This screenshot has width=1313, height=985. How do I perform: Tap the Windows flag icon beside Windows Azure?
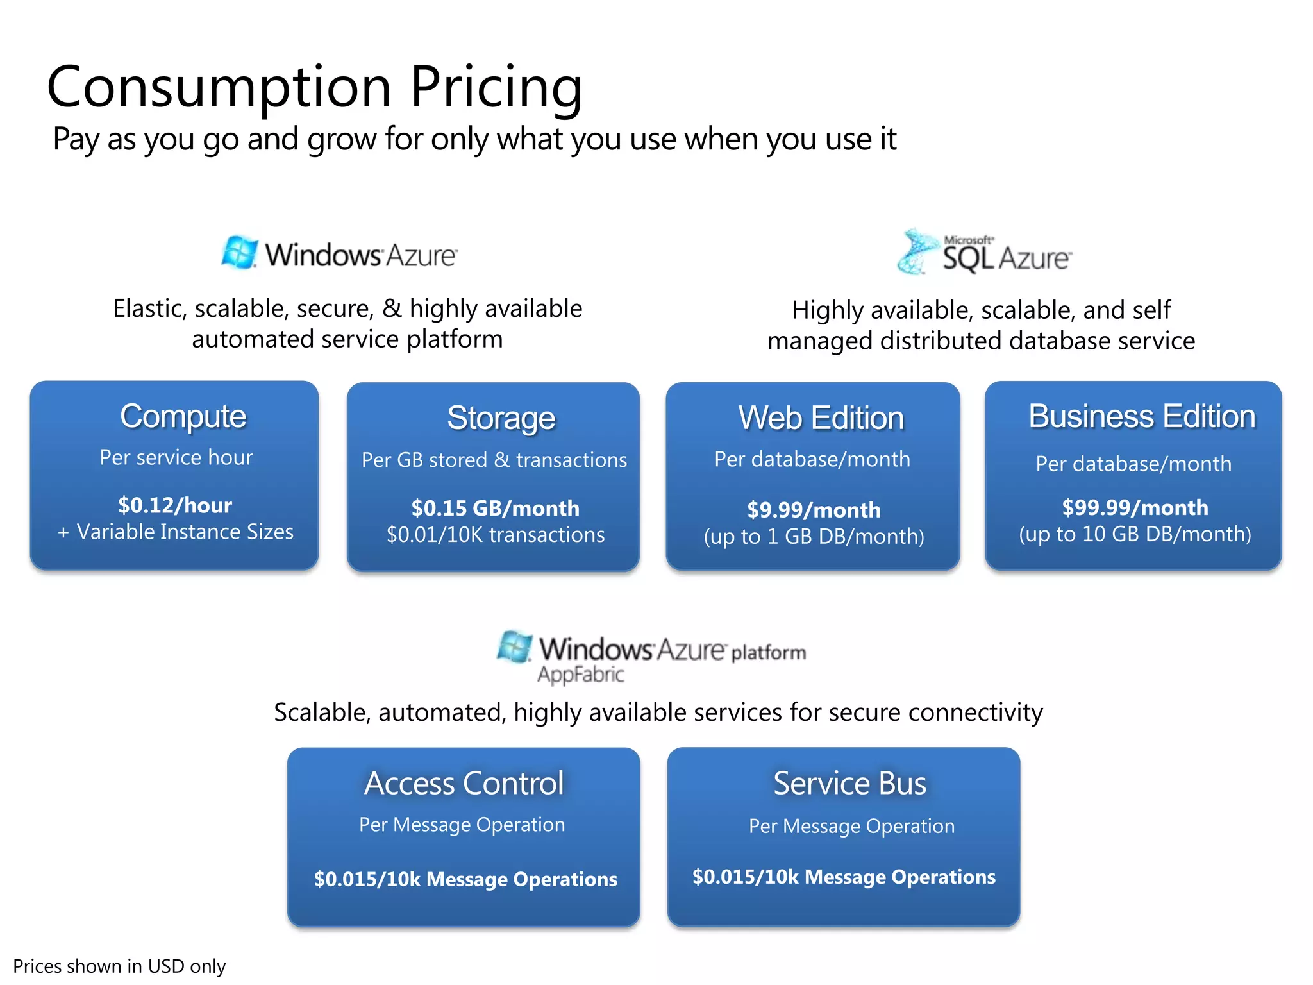point(239,252)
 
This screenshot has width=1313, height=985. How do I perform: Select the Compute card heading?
point(183,416)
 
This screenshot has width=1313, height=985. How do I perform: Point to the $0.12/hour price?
point(175,505)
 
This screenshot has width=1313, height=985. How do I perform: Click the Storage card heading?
point(501,418)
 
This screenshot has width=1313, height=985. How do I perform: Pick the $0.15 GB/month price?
point(495,508)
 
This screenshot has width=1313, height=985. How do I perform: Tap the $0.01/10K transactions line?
point(495,535)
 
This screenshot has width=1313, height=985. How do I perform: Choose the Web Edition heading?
point(821,418)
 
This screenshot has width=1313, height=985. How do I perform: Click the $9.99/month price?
point(814,510)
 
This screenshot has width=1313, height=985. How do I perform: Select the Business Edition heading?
point(1142,416)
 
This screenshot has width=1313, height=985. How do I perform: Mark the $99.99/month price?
point(1135,507)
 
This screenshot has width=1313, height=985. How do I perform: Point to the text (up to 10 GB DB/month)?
point(1135,534)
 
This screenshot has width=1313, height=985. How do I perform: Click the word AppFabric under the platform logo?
point(580,675)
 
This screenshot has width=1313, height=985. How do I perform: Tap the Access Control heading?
point(464,783)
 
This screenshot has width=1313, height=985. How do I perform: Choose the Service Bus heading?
point(849,783)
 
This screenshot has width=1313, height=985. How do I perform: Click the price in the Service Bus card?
point(844,877)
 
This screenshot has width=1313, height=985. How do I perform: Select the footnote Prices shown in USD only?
point(119,966)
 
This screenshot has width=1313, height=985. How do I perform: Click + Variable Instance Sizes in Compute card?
point(175,532)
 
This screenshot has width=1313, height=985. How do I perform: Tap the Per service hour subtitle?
point(176,457)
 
